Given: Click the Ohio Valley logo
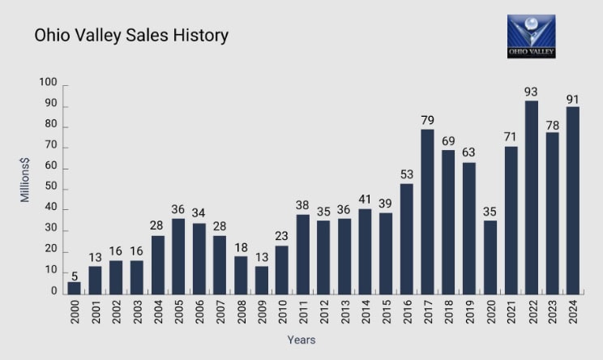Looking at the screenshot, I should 531,36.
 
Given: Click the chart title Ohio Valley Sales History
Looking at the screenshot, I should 130,36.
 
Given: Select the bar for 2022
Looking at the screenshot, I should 532,197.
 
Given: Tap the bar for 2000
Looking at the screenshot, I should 75,287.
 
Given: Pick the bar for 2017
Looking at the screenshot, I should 428,211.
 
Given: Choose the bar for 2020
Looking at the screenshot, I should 490,256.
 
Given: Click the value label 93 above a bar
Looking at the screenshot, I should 532,92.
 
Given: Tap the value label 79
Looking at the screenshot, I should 428,120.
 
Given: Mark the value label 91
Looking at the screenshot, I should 573,100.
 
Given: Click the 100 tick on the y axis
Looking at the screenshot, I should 48,84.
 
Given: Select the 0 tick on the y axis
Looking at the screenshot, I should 53,292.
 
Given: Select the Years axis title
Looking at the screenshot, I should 301,341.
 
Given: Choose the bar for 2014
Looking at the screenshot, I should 366,251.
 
